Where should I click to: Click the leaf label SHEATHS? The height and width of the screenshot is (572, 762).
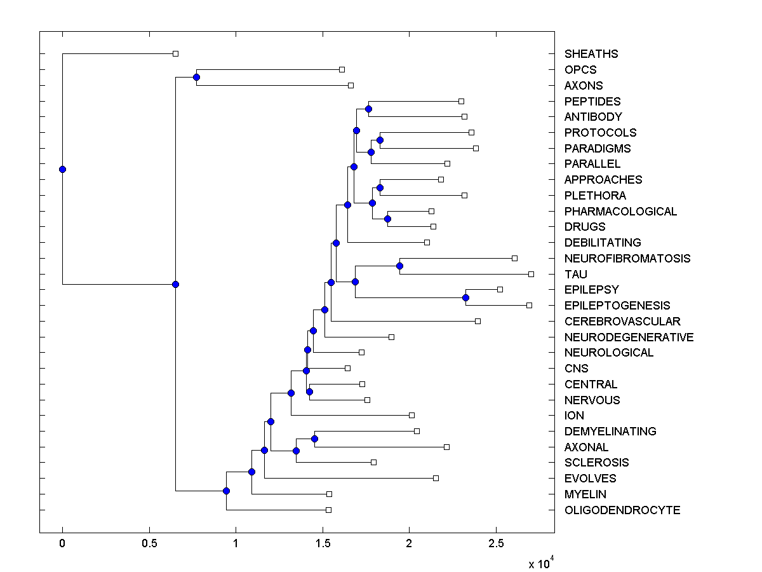point(591,54)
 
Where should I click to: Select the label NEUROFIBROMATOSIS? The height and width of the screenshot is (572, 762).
point(627,259)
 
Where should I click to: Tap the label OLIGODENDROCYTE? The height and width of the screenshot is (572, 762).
point(622,510)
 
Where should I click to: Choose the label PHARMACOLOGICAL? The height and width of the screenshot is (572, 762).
point(620,212)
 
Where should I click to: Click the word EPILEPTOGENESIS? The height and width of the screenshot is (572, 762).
point(617,306)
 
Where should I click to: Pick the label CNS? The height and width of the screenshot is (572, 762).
point(576,369)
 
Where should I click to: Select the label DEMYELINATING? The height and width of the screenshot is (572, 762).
point(610,432)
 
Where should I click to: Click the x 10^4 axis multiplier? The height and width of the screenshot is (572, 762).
point(541,562)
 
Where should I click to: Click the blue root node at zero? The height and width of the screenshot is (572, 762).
point(62,169)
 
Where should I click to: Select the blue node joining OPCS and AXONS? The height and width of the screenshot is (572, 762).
point(196,78)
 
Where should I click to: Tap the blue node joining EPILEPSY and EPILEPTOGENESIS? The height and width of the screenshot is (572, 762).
point(465,297)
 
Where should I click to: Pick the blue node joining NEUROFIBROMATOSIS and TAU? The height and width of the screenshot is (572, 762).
point(399,266)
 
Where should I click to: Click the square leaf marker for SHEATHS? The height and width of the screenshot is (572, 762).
point(176,54)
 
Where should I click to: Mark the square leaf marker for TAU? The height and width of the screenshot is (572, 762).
point(531,274)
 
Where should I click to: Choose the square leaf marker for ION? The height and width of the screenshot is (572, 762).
point(411,415)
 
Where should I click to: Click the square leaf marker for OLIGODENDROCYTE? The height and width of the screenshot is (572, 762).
point(328,510)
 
